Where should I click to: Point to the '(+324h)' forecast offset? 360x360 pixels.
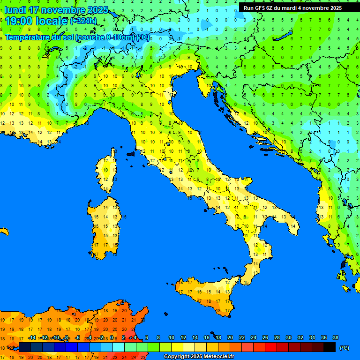pyautogui.click(x=83, y=21)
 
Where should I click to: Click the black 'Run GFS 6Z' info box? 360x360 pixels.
pyautogui.click(x=293, y=8)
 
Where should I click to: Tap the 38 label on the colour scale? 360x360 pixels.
pyautogui.click(x=335, y=337)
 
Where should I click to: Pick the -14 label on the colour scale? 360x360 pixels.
pyautogui.click(x=32, y=337)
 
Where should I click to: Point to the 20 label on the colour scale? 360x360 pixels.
pyautogui.click(x=230, y=337)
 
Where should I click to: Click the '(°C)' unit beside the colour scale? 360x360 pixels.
pyautogui.click(x=345, y=348)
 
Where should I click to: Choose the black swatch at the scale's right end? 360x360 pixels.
pyautogui.click(x=330, y=347)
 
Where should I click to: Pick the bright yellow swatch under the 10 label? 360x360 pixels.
pyautogui.click(x=177, y=347)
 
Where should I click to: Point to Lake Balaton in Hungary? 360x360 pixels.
pyautogui.click(x=283, y=37)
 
